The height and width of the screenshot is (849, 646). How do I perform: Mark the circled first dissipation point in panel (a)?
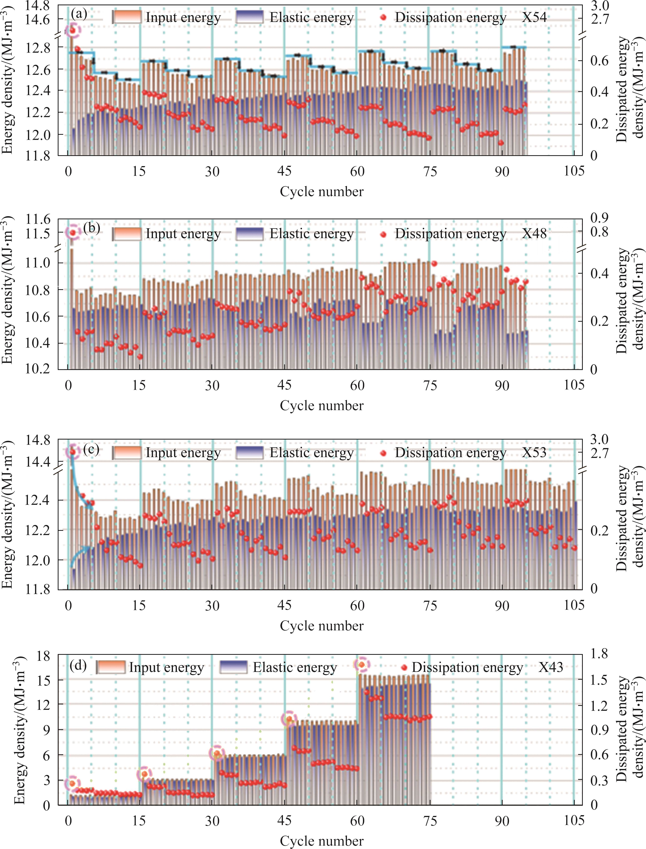tap(72, 30)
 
